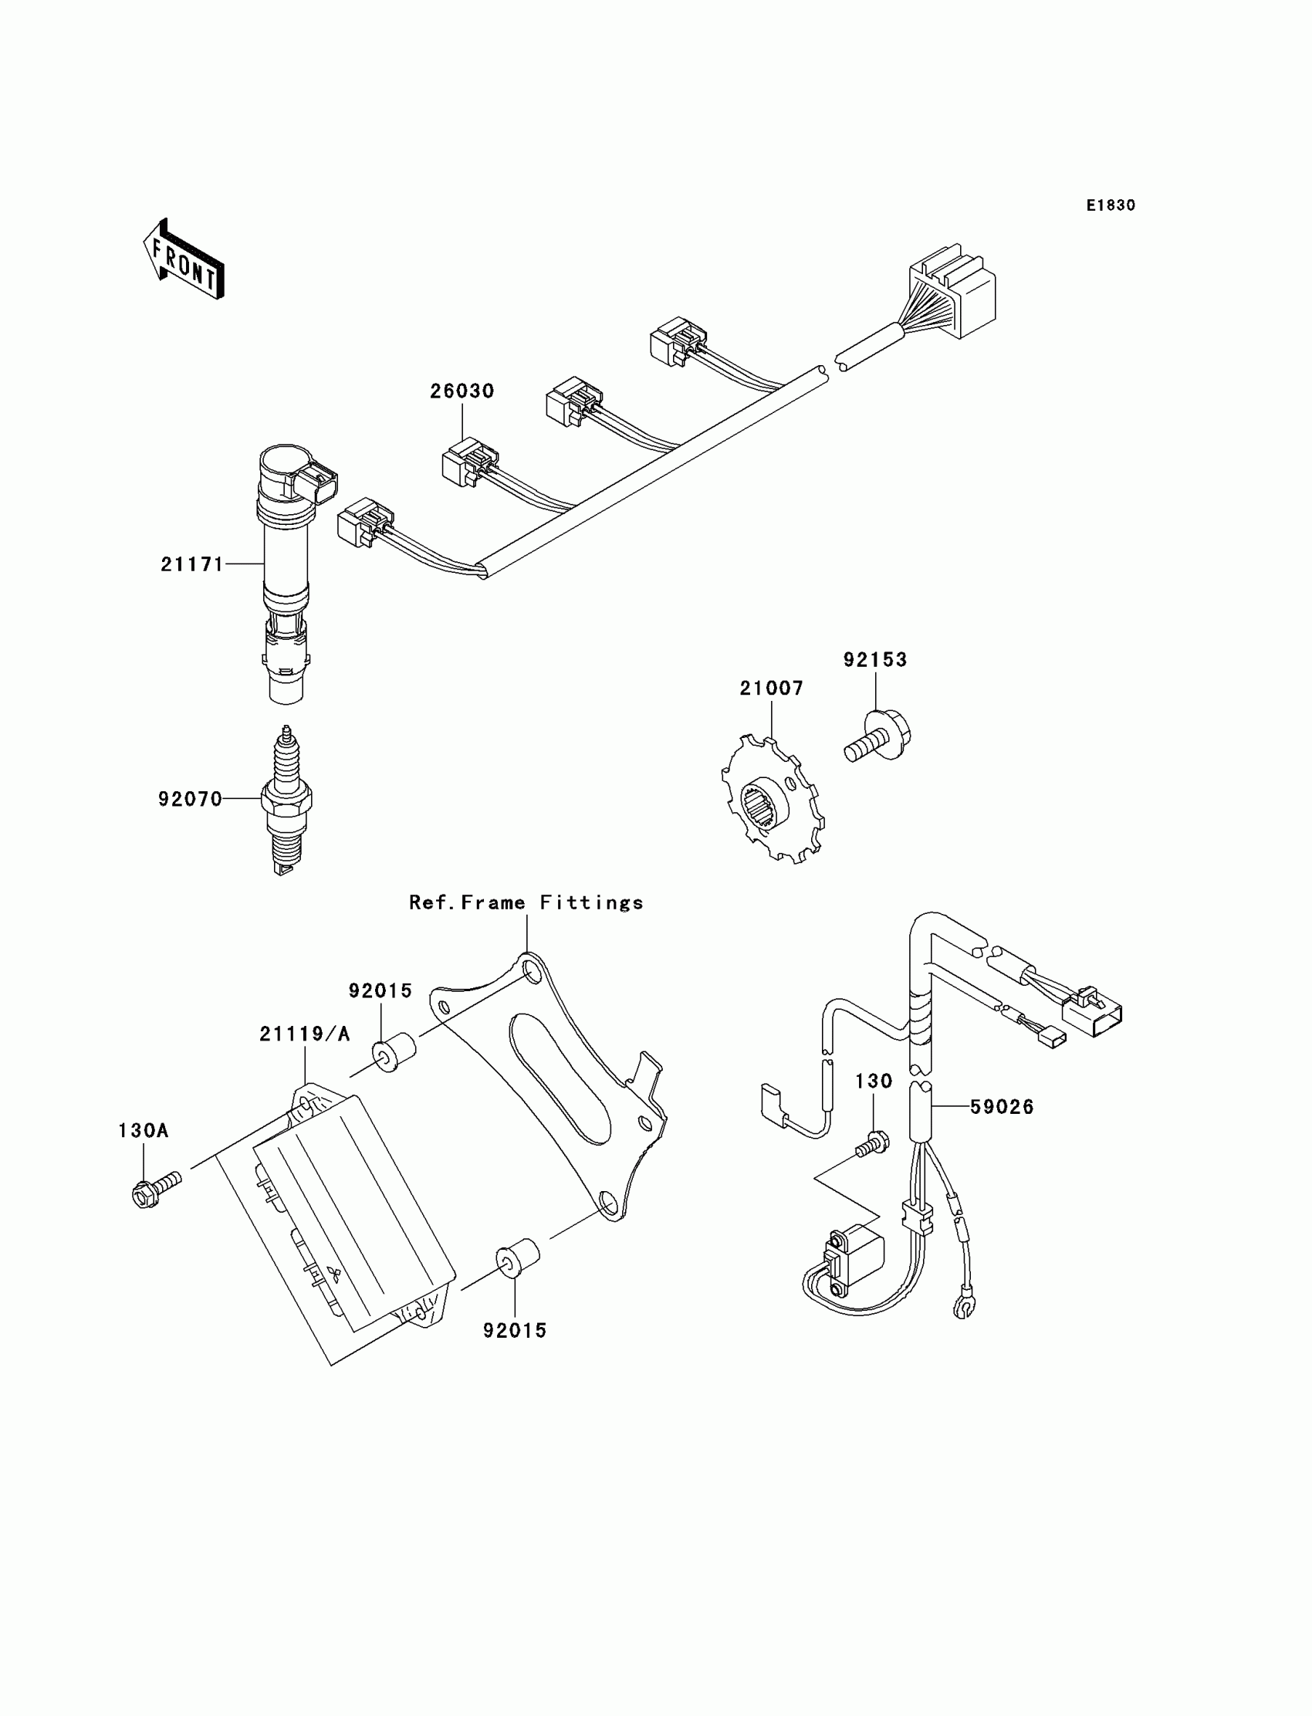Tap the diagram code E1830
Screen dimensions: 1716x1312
[1111, 205]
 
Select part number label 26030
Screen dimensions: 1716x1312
[462, 391]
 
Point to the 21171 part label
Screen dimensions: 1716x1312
[192, 564]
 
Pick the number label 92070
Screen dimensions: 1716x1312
[190, 799]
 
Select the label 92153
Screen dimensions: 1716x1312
[874, 660]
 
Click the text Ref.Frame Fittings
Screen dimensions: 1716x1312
[526, 903]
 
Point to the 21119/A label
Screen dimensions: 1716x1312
[305, 1034]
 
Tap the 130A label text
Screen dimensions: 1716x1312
[143, 1130]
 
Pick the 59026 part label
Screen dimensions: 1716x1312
[1001, 1107]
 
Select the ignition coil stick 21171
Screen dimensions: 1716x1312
[287, 570]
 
